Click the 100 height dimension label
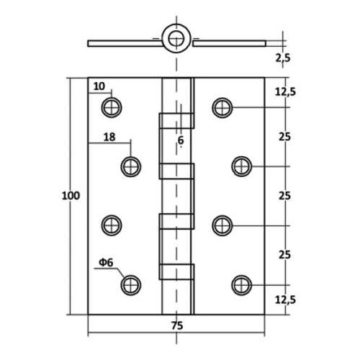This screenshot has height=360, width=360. [x=71, y=196]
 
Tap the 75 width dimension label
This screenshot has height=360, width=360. [x=177, y=325]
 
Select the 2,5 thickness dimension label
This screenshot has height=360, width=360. [x=283, y=58]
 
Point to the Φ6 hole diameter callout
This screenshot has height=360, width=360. [x=106, y=263]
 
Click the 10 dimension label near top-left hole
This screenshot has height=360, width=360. [x=99, y=86]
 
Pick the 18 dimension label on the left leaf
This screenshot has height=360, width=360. [x=109, y=137]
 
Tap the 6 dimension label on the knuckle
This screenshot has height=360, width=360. [x=181, y=140]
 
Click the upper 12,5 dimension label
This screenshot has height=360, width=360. [x=285, y=92]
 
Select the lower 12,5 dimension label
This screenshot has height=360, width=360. [x=285, y=300]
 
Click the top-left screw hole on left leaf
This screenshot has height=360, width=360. [x=112, y=107]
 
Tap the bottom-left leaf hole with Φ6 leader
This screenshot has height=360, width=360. [x=131, y=285]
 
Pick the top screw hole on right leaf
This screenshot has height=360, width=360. [x=222, y=108]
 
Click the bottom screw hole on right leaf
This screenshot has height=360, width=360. [x=242, y=285]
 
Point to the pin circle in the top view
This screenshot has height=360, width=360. [x=176, y=38]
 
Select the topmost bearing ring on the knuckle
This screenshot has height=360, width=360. [x=176, y=121]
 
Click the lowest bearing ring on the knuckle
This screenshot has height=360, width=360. [x=176, y=272]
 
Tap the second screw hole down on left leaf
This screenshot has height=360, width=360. [x=131, y=166]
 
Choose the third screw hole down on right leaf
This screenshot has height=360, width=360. [x=222, y=225]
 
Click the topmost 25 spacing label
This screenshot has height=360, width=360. [x=284, y=137]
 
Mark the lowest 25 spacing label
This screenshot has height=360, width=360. [x=284, y=255]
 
